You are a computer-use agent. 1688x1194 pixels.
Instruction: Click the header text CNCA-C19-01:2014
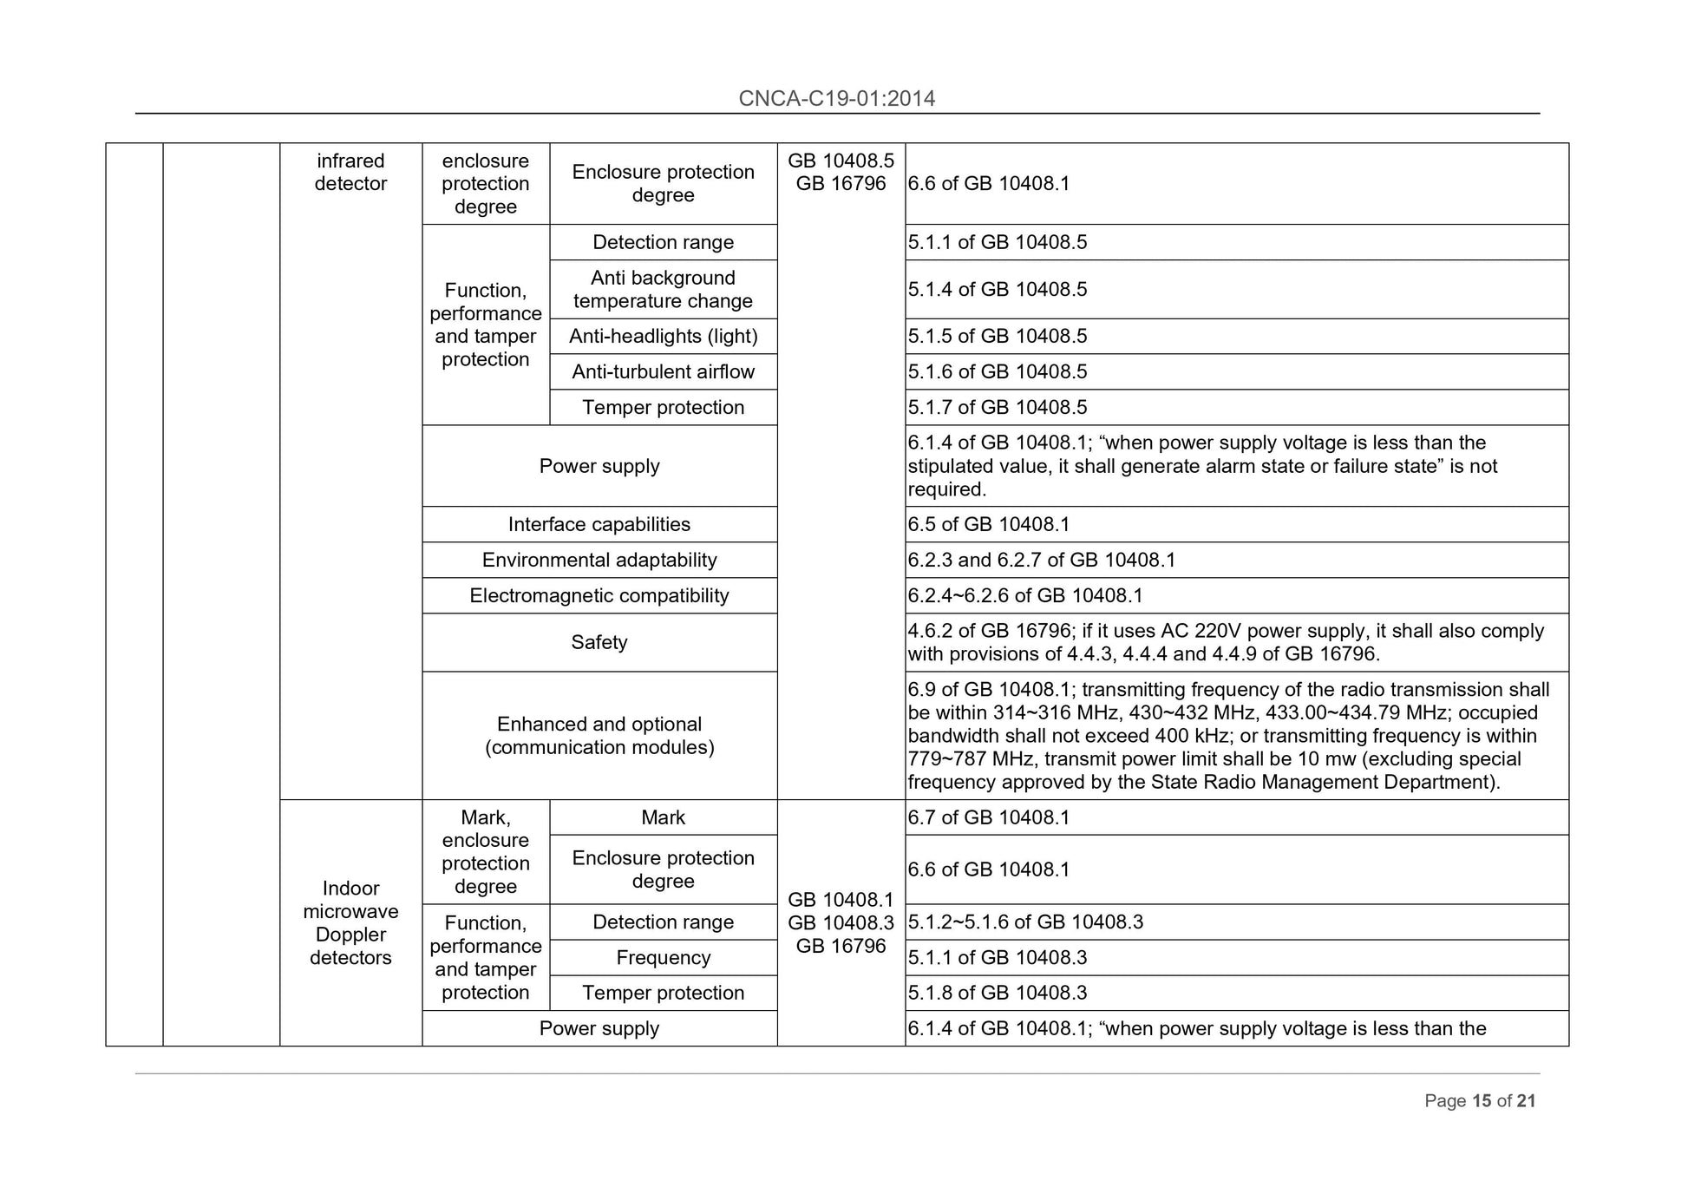(x=836, y=98)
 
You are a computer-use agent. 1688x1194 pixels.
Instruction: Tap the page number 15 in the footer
(x=1481, y=1100)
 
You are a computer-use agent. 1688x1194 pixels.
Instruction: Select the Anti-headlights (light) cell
(x=663, y=336)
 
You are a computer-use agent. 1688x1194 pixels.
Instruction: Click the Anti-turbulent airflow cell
(x=663, y=371)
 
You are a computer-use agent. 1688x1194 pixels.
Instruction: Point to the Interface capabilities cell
(x=599, y=524)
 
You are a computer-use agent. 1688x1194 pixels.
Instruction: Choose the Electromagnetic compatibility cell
(x=599, y=595)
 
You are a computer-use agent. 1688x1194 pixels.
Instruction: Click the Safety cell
(x=599, y=642)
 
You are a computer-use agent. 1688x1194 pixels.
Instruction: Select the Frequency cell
(x=663, y=957)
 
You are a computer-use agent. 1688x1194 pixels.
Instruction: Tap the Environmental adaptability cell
(x=599, y=560)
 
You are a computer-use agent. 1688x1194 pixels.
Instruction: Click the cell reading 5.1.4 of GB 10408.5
(x=997, y=289)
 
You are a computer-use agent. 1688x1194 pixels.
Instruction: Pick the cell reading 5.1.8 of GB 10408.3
(x=997, y=992)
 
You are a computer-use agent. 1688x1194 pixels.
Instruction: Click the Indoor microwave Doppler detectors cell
(x=350, y=922)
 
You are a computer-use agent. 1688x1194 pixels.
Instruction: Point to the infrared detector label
(x=350, y=172)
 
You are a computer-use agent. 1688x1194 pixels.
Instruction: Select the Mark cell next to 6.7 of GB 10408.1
(x=663, y=817)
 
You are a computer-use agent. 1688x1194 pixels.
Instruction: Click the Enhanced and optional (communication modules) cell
(x=599, y=735)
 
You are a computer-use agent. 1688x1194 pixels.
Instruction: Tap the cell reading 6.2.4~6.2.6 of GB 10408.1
(x=1024, y=595)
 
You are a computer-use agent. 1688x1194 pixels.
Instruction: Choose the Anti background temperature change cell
(x=663, y=289)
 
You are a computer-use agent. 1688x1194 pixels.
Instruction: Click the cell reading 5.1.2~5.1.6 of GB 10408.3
(x=1024, y=922)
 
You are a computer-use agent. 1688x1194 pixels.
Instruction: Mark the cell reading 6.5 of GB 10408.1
(x=988, y=524)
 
